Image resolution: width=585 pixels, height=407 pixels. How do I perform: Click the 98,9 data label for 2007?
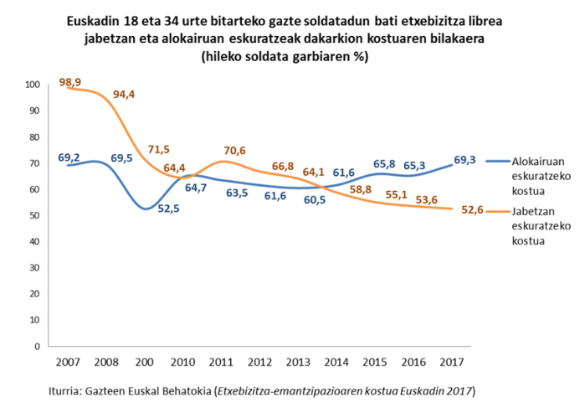(69, 80)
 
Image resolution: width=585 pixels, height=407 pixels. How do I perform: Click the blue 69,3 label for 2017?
(465, 159)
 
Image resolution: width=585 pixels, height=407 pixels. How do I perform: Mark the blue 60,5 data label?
(316, 201)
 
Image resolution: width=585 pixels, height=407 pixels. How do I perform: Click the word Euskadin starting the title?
(95, 20)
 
